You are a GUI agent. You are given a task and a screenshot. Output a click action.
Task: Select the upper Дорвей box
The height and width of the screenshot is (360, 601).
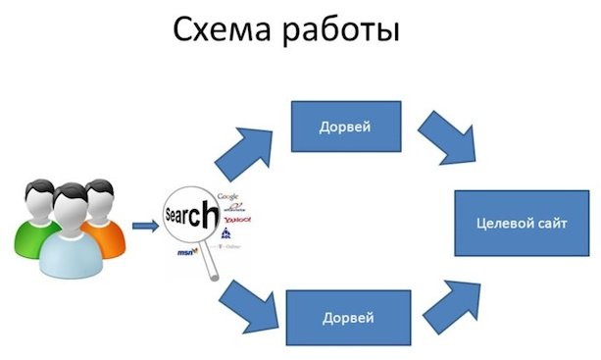coord(345,127)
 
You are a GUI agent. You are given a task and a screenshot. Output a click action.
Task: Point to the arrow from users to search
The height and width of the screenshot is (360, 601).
coord(145,228)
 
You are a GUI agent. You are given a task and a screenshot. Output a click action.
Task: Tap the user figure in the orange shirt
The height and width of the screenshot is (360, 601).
coord(100,211)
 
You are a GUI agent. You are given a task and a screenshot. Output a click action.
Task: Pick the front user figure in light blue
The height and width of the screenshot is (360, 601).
coord(68,231)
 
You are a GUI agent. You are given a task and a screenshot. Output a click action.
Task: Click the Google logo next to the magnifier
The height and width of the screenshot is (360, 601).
coord(228,197)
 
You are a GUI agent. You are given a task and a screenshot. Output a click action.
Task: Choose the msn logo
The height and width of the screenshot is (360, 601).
coord(184,253)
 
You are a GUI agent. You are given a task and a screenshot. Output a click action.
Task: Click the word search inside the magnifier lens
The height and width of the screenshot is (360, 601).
coord(189,216)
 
